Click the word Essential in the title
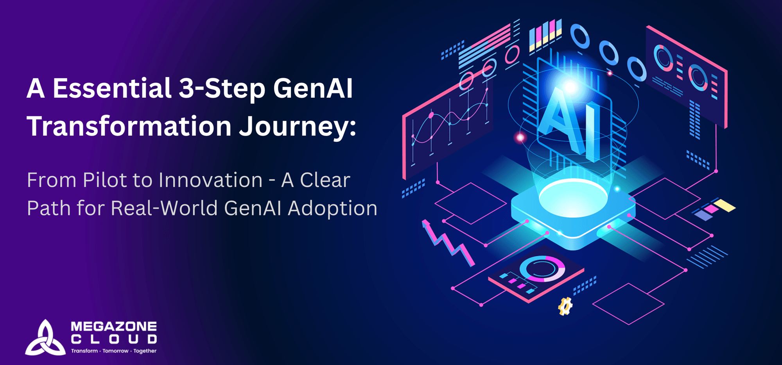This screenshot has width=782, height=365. (112, 88)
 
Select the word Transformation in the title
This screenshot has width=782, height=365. (129, 126)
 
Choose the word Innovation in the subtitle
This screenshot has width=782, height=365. (210, 180)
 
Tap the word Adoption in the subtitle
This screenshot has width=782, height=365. (333, 208)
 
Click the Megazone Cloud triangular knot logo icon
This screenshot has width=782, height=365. (45, 338)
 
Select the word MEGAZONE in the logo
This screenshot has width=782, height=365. (114, 326)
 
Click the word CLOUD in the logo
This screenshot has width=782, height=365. (114, 339)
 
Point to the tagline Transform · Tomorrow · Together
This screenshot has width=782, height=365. (114, 351)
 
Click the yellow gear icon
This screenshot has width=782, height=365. (565, 306)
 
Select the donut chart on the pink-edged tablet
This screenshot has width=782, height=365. (542, 268)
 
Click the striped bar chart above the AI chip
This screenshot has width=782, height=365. (545, 35)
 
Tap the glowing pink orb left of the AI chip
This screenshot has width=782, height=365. (520, 138)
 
